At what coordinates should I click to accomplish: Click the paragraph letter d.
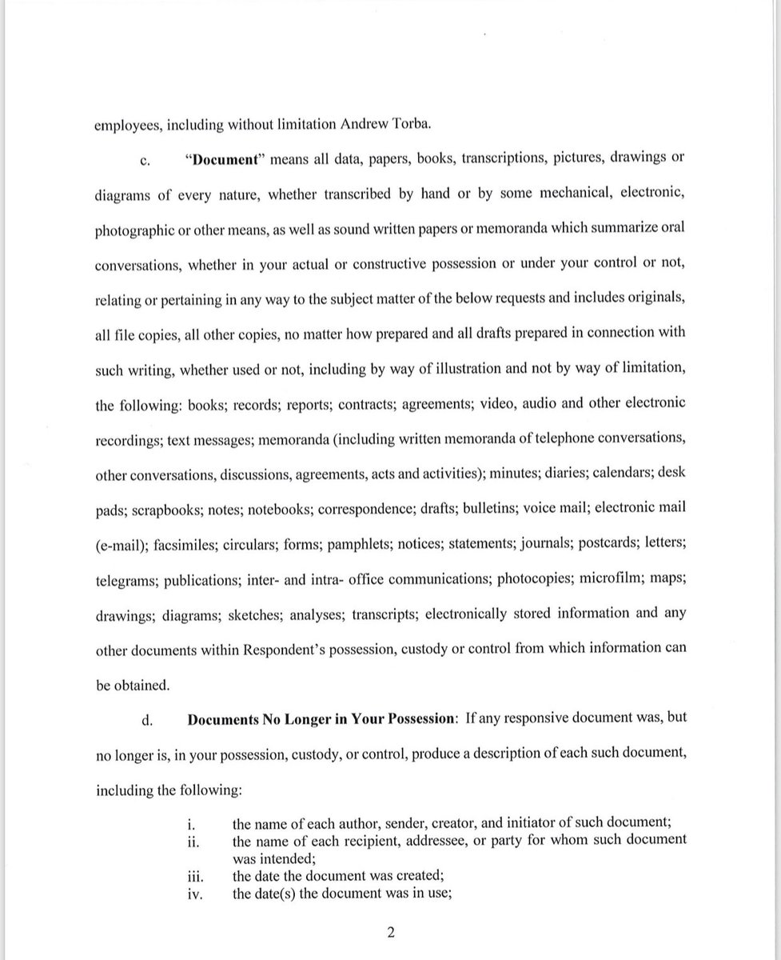coord(146,719)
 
